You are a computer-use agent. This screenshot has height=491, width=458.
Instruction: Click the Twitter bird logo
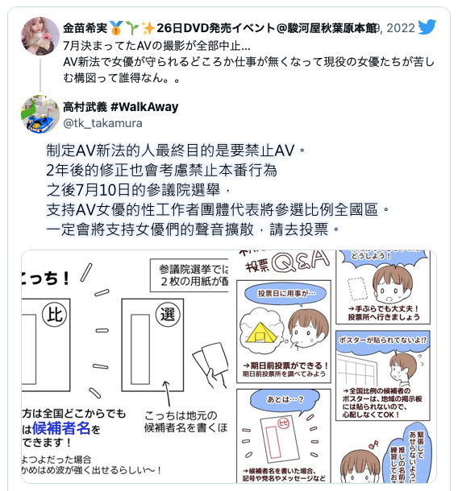[x=427, y=28]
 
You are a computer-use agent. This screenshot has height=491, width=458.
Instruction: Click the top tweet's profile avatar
[x=40, y=36]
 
